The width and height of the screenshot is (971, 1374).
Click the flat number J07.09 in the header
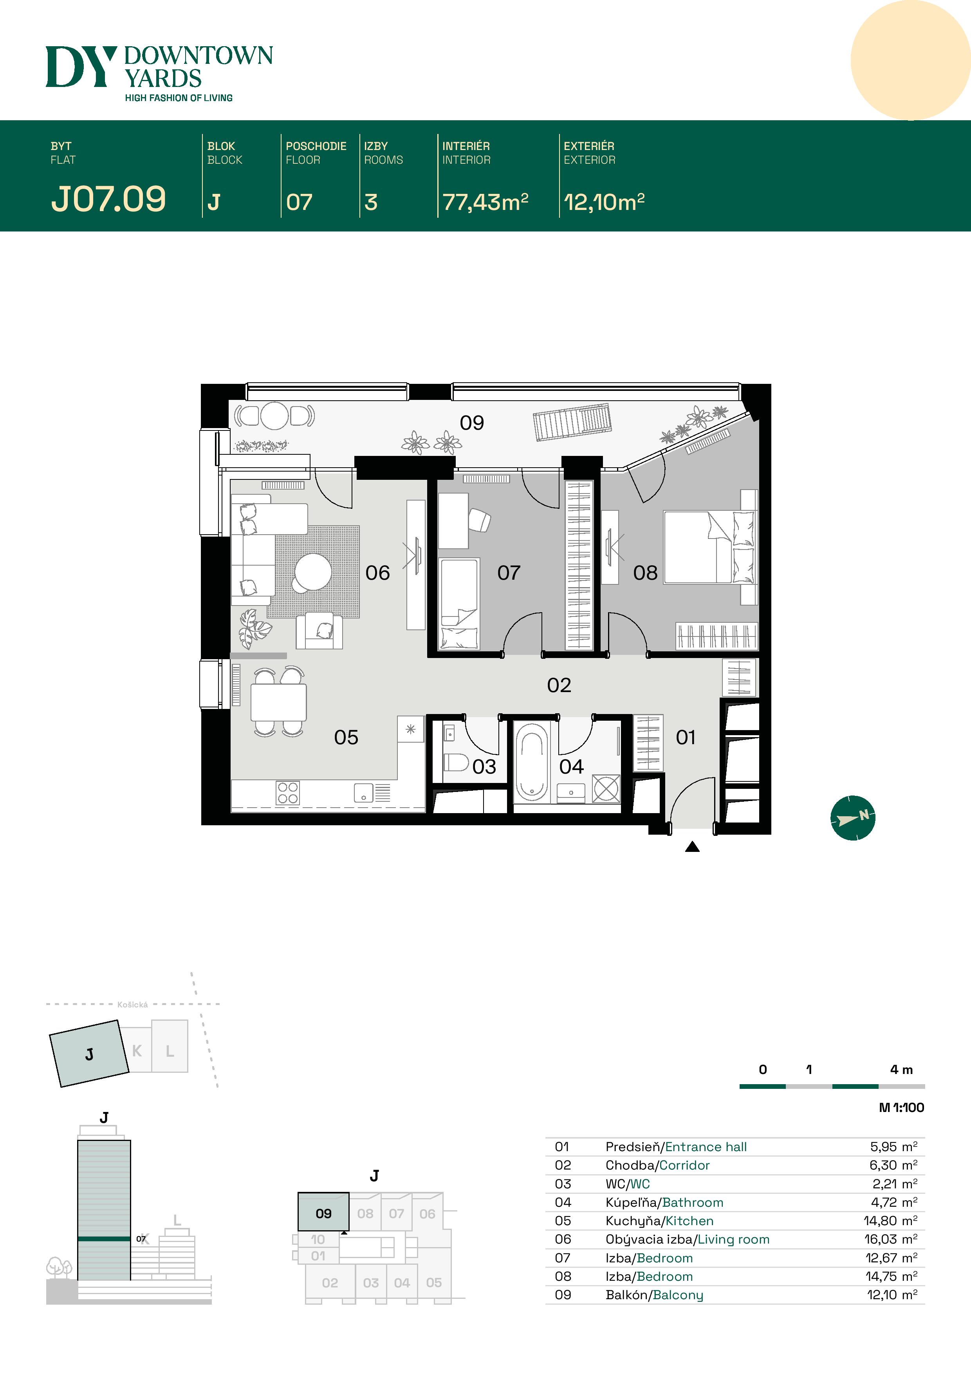click(x=108, y=199)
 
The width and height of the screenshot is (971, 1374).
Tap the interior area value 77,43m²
click(x=485, y=202)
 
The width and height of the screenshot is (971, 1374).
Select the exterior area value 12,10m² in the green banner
click(x=604, y=202)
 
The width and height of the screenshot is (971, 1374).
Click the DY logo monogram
click(x=81, y=67)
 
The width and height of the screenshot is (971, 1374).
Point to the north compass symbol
click(x=852, y=817)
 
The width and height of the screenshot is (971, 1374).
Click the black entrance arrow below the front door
click(x=692, y=846)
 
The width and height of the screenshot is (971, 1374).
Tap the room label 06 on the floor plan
click(x=377, y=573)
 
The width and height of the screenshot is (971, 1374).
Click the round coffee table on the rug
click(x=313, y=571)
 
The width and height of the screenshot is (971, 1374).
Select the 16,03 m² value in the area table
click(x=891, y=1239)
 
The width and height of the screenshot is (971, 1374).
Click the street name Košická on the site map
click(x=132, y=1005)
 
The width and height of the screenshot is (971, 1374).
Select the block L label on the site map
click(x=170, y=1051)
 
